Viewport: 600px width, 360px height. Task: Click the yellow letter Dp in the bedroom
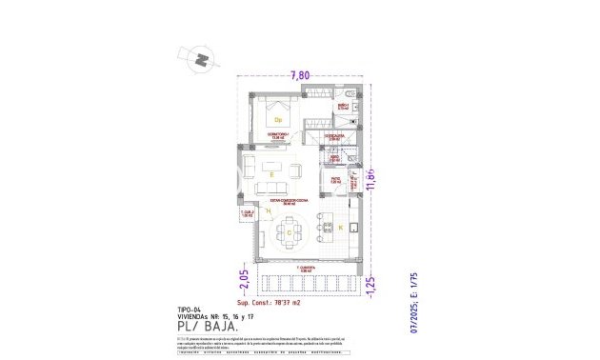click(279, 120)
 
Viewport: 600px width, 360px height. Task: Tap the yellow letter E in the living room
click(271, 175)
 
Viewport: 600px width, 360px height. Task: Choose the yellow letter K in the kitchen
click(339, 229)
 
